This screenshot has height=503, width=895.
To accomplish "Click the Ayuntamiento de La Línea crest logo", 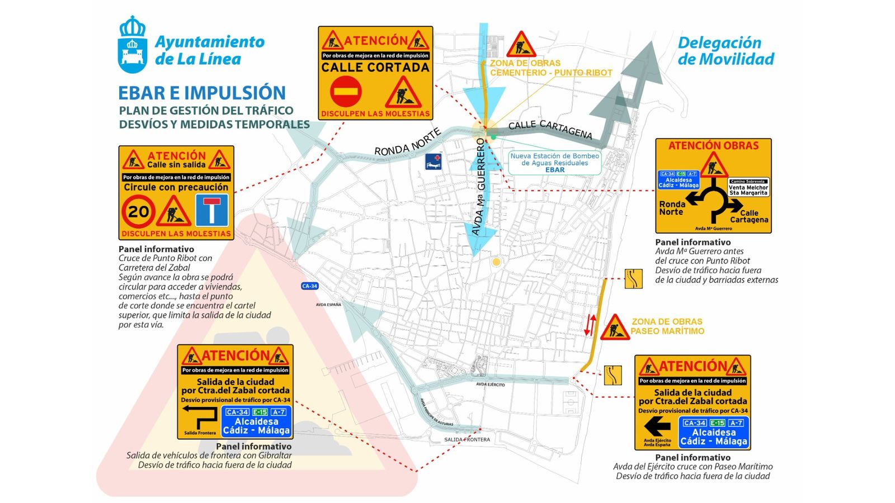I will point(133,45).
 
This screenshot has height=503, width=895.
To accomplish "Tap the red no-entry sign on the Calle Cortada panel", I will point(345,92).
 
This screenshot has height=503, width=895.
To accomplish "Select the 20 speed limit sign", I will point(138,211).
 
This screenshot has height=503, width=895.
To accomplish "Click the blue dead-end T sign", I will point(211,210).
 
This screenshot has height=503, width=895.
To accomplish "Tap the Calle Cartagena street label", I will point(550,129).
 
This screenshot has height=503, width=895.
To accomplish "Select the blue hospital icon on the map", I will point(433,162).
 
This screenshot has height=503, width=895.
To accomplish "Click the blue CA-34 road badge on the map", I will point(309,286).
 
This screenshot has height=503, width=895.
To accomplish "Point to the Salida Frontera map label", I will point(467,439).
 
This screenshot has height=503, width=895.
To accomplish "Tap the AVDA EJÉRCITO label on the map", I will point(490,385).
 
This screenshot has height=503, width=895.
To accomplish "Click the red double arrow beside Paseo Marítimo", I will point(590,325).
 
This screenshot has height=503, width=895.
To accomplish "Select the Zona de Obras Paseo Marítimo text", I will point(667,326).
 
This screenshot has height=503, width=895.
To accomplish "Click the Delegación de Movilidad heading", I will point(726,51).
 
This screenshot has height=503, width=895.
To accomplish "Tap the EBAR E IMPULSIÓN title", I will point(202,93).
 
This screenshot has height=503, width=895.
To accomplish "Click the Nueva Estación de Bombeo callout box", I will point(554,163).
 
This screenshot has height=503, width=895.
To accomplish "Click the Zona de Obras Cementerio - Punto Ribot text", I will point(551,68).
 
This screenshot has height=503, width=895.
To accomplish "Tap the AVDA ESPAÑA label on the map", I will point(328,305).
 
